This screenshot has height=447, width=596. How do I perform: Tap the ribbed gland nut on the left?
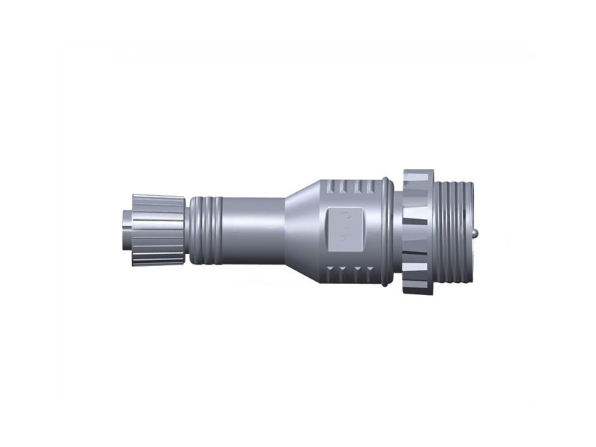point(159,229)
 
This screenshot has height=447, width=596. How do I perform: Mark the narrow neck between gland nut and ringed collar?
point(188,229)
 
